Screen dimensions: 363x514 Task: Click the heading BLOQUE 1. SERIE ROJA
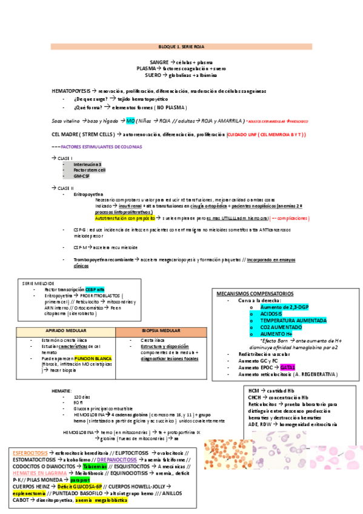click(x=181, y=46)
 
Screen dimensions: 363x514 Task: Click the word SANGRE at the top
click(x=159, y=62)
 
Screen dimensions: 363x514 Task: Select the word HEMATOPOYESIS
click(x=73, y=90)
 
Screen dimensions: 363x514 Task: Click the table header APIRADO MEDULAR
click(x=65, y=332)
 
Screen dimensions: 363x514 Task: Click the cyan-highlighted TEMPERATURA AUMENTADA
click(x=293, y=321)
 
